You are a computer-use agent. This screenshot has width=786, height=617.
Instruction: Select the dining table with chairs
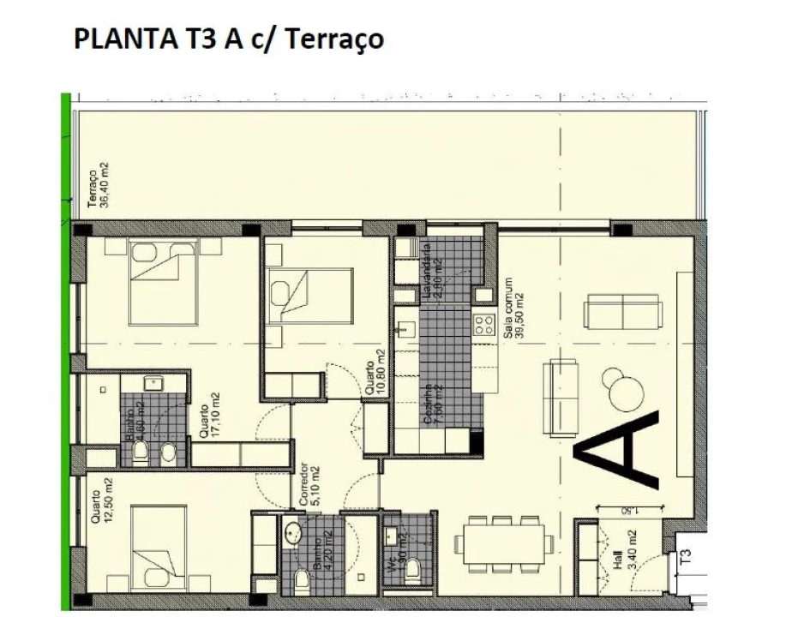coord(501,542)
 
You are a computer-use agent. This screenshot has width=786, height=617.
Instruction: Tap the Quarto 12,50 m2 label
coord(100,513)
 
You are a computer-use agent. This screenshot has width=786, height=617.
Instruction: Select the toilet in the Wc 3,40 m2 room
coord(413,569)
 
